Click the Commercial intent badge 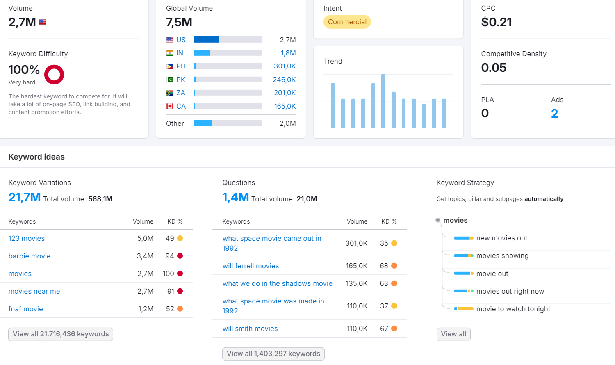point(347,22)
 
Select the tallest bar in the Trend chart point(383,101)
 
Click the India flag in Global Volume point(170,53)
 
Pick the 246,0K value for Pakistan point(284,80)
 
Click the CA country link point(181,106)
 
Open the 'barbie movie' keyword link point(30,256)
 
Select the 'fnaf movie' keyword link point(25,309)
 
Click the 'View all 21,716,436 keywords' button point(61,334)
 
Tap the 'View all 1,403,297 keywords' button point(273,354)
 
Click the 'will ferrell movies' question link point(251,266)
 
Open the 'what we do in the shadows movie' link point(277,283)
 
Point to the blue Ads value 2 point(555,114)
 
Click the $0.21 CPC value point(497,22)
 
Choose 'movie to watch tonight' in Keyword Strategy point(513,309)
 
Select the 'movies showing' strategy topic point(502,255)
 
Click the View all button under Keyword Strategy point(453,334)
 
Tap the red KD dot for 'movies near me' point(180,291)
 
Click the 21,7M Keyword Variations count point(25,197)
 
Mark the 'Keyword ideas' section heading point(36,157)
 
